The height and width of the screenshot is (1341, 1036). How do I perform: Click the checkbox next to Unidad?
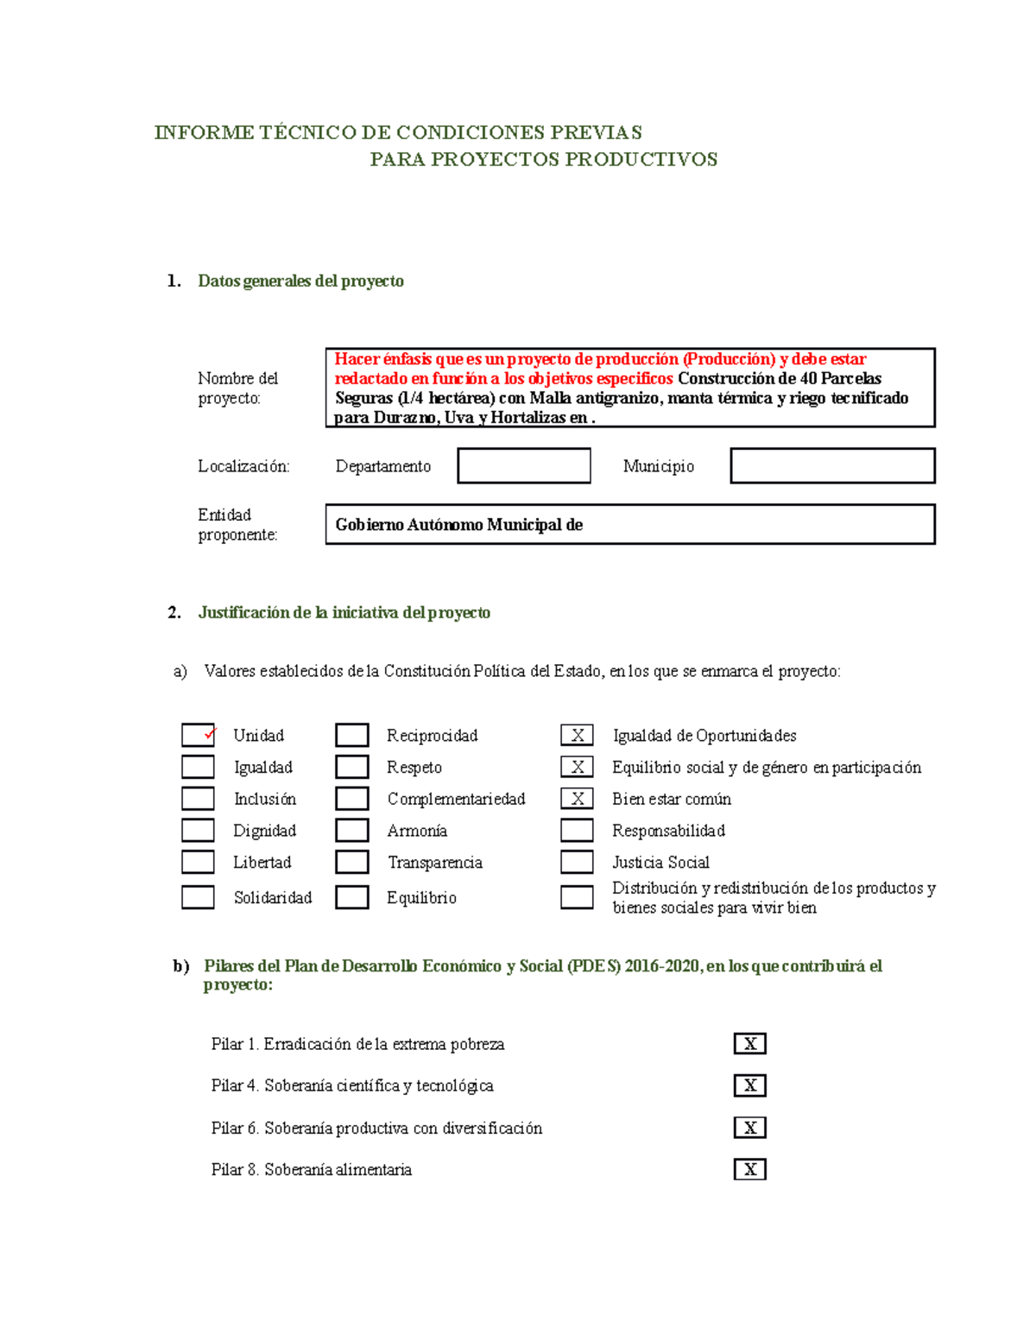pyautogui.click(x=198, y=735)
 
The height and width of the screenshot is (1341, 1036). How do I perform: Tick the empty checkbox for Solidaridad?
pyautogui.click(x=198, y=897)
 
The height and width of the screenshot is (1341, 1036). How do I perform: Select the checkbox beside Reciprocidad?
pyautogui.click(x=352, y=735)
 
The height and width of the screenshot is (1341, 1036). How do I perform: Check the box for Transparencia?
pyautogui.click(x=352, y=862)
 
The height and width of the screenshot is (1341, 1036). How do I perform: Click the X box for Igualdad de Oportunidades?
pyautogui.click(x=577, y=735)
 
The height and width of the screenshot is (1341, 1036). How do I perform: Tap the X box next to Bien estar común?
pyautogui.click(x=577, y=799)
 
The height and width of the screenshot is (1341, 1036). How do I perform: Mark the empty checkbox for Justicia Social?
pyautogui.click(x=577, y=862)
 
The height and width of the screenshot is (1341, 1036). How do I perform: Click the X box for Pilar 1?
pyautogui.click(x=749, y=1043)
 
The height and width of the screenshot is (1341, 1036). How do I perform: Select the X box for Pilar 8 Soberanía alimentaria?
pyautogui.click(x=749, y=1169)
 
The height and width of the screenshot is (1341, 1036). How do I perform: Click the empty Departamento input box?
pyautogui.click(x=524, y=465)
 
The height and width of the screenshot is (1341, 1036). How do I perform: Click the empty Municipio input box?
pyautogui.click(x=832, y=465)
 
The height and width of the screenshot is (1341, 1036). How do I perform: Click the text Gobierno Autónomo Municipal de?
pyautogui.click(x=458, y=525)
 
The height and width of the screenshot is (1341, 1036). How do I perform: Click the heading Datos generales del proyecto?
pyautogui.click(x=300, y=281)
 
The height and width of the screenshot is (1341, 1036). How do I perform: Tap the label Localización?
pyautogui.click(x=243, y=466)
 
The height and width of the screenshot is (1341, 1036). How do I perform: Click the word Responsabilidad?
pyautogui.click(x=668, y=831)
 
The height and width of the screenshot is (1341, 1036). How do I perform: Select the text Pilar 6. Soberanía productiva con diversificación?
pyautogui.click(x=376, y=1128)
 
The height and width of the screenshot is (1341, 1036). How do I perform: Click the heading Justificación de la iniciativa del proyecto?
pyautogui.click(x=344, y=612)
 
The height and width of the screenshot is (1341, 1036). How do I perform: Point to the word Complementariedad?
pyautogui.click(x=456, y=799)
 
